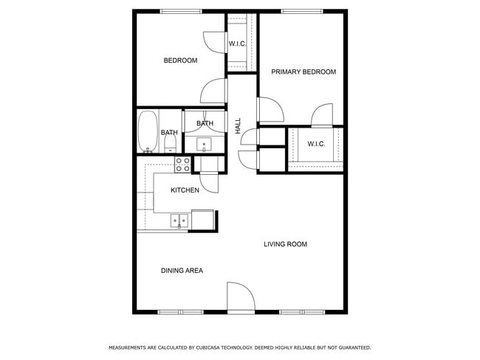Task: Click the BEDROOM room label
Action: (x=180, y=60)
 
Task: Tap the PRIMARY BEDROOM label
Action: (x=303, y=72)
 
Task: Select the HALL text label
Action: (x=238, y=125)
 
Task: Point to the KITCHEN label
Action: (x=185, y=190)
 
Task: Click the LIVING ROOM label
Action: (x=285, y=244)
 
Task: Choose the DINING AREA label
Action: (x=182, y=271)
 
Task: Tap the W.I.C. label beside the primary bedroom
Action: (x=316, y=144)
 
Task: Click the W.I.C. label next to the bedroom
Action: (x=237, y=44)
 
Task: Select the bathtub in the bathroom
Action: (x=148, y=131)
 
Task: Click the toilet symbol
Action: (x=170, y=145)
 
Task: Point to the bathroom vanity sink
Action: (x=204, y=144)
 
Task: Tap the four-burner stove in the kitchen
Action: (x=182, y=165)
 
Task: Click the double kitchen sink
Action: (x=179, y=219)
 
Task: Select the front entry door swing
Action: (x=240, y=297)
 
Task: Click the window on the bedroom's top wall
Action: (x=181, y=10)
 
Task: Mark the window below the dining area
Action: (x=181, y=312)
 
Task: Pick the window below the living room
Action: (x=301, y=312)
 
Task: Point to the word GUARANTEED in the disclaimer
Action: (x=350, y=347)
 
